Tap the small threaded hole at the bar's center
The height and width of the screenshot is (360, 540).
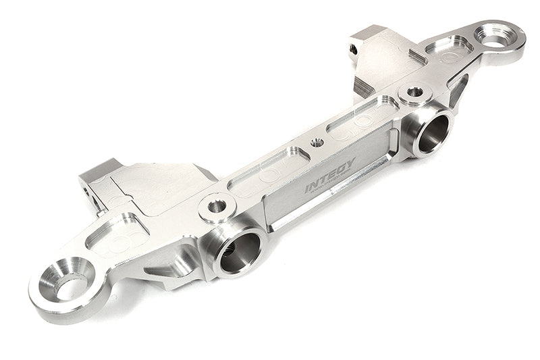316,143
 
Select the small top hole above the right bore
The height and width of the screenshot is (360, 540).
415,92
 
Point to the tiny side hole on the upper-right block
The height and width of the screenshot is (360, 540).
353,49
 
